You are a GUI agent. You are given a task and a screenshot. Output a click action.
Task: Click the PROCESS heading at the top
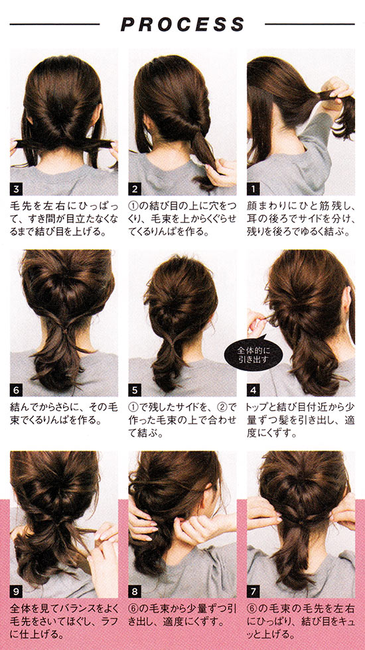click(x=183, y=25)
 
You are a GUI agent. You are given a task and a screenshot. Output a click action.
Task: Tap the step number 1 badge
click(x=253, y=190)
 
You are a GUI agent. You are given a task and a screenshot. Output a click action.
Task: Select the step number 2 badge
click(x=135, y=190)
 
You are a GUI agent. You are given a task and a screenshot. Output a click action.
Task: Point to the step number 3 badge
click(x=16, y=190)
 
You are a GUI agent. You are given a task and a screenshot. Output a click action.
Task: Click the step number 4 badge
click(x=253, y=390)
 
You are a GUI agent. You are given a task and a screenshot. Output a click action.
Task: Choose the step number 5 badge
click(x=135, y=390)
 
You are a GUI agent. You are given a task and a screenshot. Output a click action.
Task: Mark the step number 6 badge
click(x=16, y=390)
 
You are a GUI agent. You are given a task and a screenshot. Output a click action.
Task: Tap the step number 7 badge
click(x=253, y=591)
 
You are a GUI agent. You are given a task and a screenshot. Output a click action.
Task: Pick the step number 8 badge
click(x=135, y=591)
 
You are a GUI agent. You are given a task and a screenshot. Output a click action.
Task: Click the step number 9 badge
click(x=16, y=591)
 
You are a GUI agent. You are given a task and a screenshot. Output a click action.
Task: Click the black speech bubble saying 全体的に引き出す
click(x=254, y=354)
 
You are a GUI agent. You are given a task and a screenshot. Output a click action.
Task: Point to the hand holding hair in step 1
click(x=337, y=95)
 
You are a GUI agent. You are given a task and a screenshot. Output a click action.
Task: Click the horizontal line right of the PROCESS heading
click(x=310, y=25)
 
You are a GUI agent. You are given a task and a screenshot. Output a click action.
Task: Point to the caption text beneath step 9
click(x=64, y=621)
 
